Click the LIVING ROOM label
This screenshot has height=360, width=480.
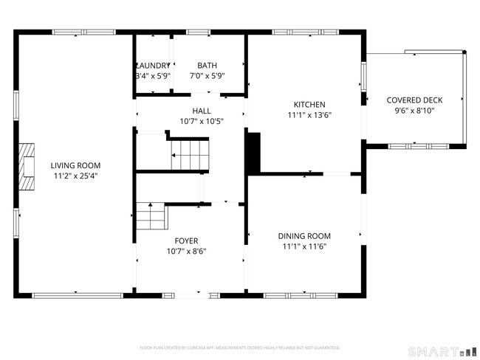(x=75, y=165)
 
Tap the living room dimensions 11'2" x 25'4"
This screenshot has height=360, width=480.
(x=75, y=176)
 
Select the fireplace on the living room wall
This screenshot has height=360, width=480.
(x=27, y=162)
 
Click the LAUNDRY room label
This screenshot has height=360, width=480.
(x=153, y=65)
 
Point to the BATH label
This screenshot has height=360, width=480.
(x=207, y=65)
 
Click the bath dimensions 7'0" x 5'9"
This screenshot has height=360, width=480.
(x=207, y=75)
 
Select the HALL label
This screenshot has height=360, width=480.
(x=202, y=110)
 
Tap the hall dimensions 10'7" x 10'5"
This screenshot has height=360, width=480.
(x=202, y=121)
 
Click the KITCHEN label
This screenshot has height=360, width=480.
(x=309, y=105)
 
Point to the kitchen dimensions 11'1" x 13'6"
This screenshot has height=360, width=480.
(x=309, y=115)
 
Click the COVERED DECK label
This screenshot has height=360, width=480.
(x=414, y=100)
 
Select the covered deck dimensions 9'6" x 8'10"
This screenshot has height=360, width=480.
(x=414, y=111)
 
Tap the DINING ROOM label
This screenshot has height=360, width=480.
(x=304, y=235)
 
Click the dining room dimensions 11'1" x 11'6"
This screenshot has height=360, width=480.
(x=304, y=246)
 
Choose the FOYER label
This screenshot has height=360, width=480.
(x=185, y=240)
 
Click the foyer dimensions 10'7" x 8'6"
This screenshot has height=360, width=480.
(x=185, y=252)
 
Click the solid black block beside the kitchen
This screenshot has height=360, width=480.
(x=253, y=153)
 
